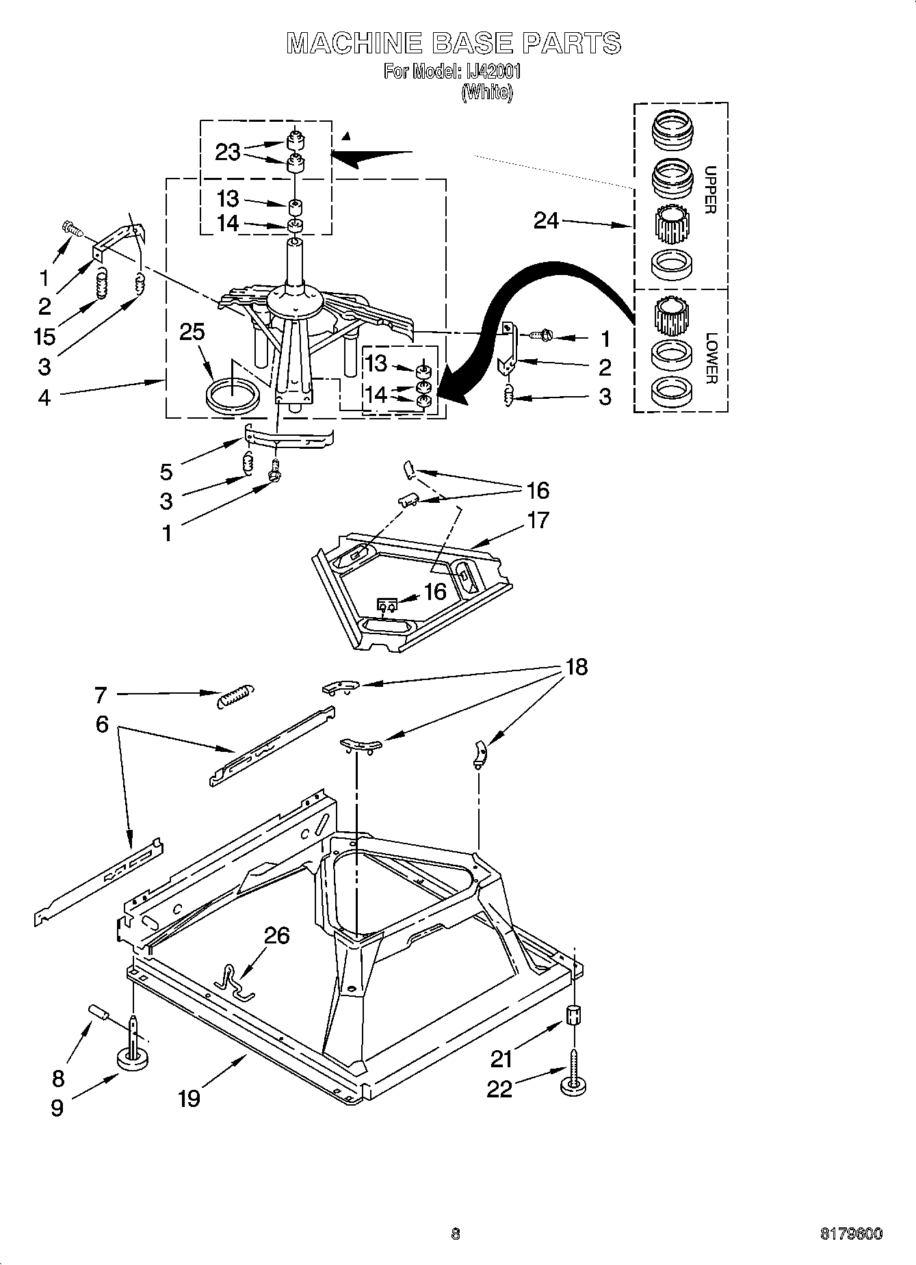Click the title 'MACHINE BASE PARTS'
coord(454,43)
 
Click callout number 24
coord(546,221)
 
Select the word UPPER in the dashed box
coord(710,190)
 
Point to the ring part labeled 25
coord(233,397)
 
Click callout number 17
coord(538,520)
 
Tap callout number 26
coord(276,935)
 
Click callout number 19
coord(189,1098)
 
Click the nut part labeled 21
coord(575,1015)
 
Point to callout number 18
coord(577,666)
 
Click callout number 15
coord(44,337)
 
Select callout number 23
coord(228,152)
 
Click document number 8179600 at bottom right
coord(851,1234)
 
